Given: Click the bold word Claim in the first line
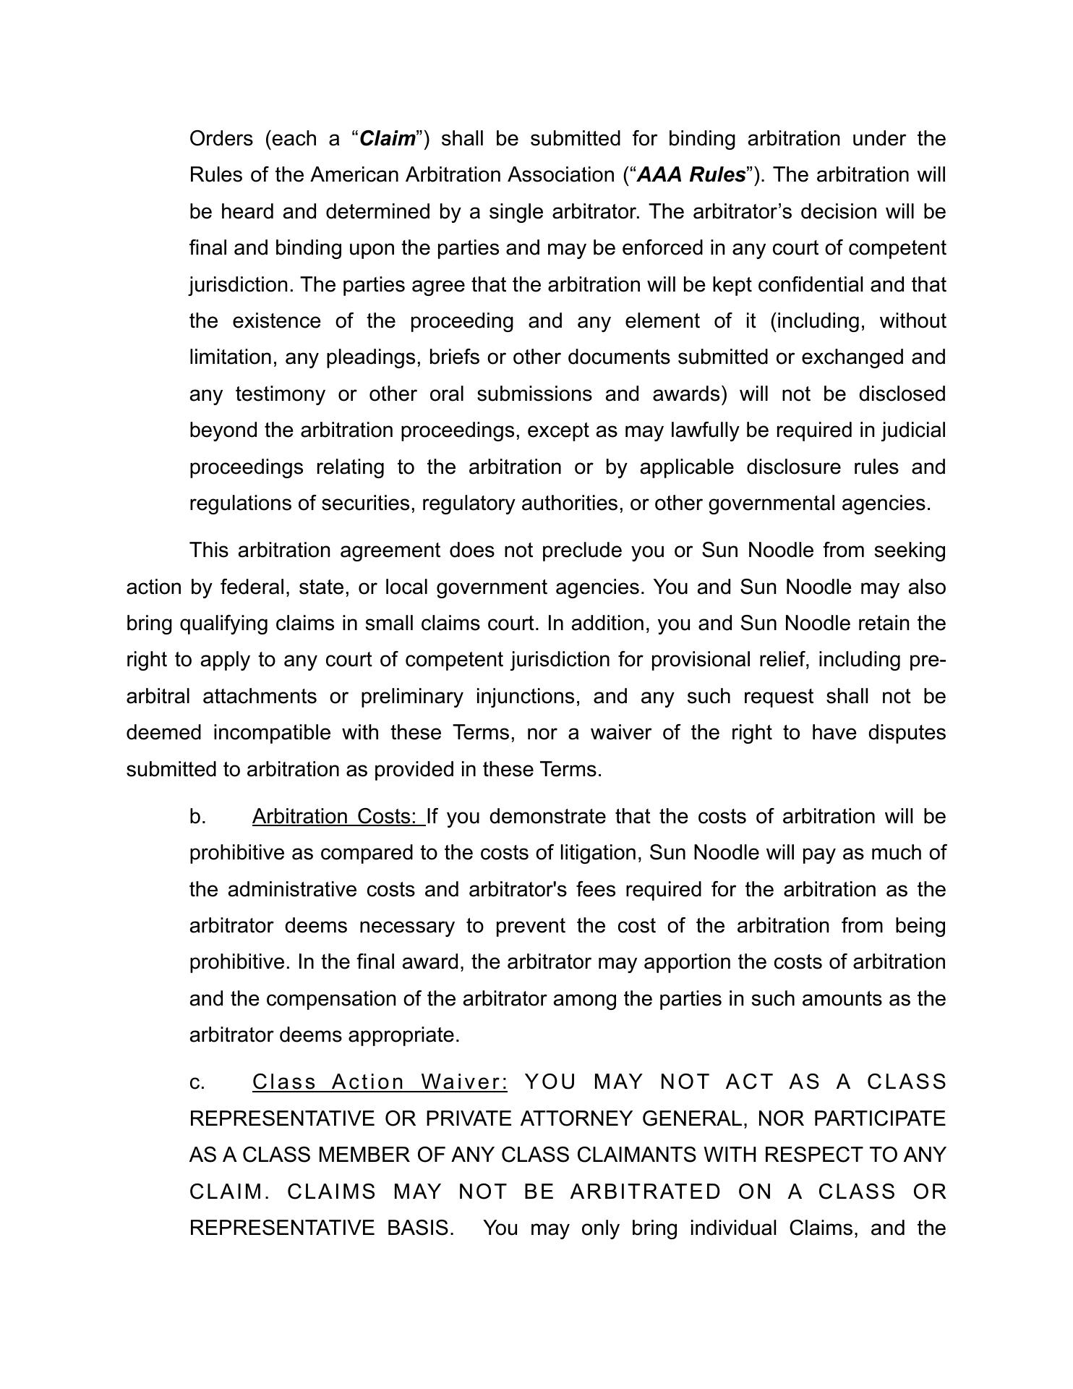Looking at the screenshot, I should pos(388,138).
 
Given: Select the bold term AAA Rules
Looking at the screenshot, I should pos(692,175).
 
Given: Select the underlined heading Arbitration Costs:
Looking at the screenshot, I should pos(338,817).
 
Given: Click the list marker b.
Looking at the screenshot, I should pos(197,817).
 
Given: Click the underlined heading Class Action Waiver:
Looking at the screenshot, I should pos(380,1082).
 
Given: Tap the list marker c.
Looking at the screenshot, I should pos(197,1082).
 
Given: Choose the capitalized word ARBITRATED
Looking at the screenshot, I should pos(646,1192).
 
